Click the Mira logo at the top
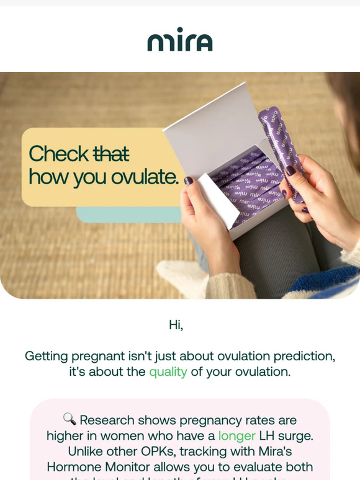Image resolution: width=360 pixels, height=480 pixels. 179,40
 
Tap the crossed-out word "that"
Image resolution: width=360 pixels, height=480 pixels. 111,153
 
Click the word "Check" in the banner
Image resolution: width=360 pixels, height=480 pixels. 59,153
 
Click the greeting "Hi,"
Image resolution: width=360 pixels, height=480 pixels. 176,324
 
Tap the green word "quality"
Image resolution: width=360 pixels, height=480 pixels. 168,372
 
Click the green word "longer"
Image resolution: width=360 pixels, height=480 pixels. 236,436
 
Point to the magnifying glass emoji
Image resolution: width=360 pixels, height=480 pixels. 70,420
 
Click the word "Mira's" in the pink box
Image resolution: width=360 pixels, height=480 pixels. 272,451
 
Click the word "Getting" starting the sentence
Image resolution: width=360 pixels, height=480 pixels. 47,356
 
